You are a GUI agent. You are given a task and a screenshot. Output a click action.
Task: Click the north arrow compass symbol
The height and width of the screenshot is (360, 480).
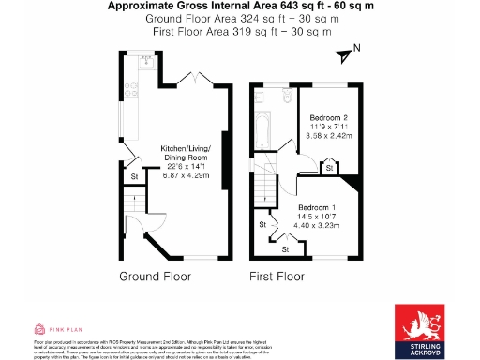pyautogui.click(x=350, y=55)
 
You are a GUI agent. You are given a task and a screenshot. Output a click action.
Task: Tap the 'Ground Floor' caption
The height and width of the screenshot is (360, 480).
pyautogui.click(x=156, y=277)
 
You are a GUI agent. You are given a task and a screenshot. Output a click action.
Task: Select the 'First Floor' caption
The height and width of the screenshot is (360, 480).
pyautogui.click(x=277, y=277)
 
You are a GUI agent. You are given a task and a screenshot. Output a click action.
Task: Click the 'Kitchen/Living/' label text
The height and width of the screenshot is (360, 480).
pyautogui.click(x=186, y=150)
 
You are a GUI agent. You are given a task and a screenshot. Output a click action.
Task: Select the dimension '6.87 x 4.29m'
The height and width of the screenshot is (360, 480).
pyautogui.click(x=186, y=175)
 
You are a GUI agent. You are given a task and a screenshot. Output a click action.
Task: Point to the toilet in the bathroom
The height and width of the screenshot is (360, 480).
pyautogui.click(x=284, y=96)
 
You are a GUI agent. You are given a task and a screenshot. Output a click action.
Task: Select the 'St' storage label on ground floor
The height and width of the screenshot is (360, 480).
pyautogui.click(x=134, y=176)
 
